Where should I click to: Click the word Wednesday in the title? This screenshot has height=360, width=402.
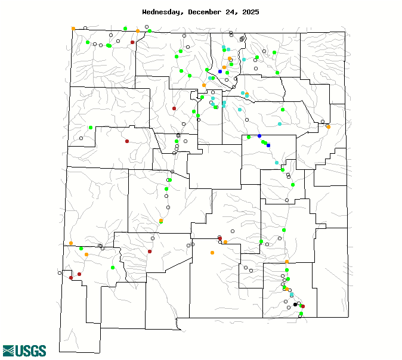(163, 12)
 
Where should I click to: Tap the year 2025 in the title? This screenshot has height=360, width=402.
(249, 12)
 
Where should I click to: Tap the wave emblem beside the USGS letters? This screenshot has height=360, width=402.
(8, 350)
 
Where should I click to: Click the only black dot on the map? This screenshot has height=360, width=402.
(295, 304)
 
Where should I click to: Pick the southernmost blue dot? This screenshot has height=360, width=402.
(268, 145)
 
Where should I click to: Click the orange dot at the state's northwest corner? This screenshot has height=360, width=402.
(73, 28)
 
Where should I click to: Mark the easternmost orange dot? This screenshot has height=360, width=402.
(328, 126)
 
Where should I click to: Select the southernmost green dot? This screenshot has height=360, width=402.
(301, 314)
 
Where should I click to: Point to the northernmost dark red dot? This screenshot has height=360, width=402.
(132, 42)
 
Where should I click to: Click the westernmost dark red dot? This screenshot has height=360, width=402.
(71, 278)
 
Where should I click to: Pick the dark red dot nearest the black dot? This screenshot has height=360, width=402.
(303, 306)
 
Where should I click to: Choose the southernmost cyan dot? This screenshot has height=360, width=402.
(292, 295)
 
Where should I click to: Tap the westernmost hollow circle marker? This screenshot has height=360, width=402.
(60, 273)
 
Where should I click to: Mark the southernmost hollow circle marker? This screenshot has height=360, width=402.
(300, 316)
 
